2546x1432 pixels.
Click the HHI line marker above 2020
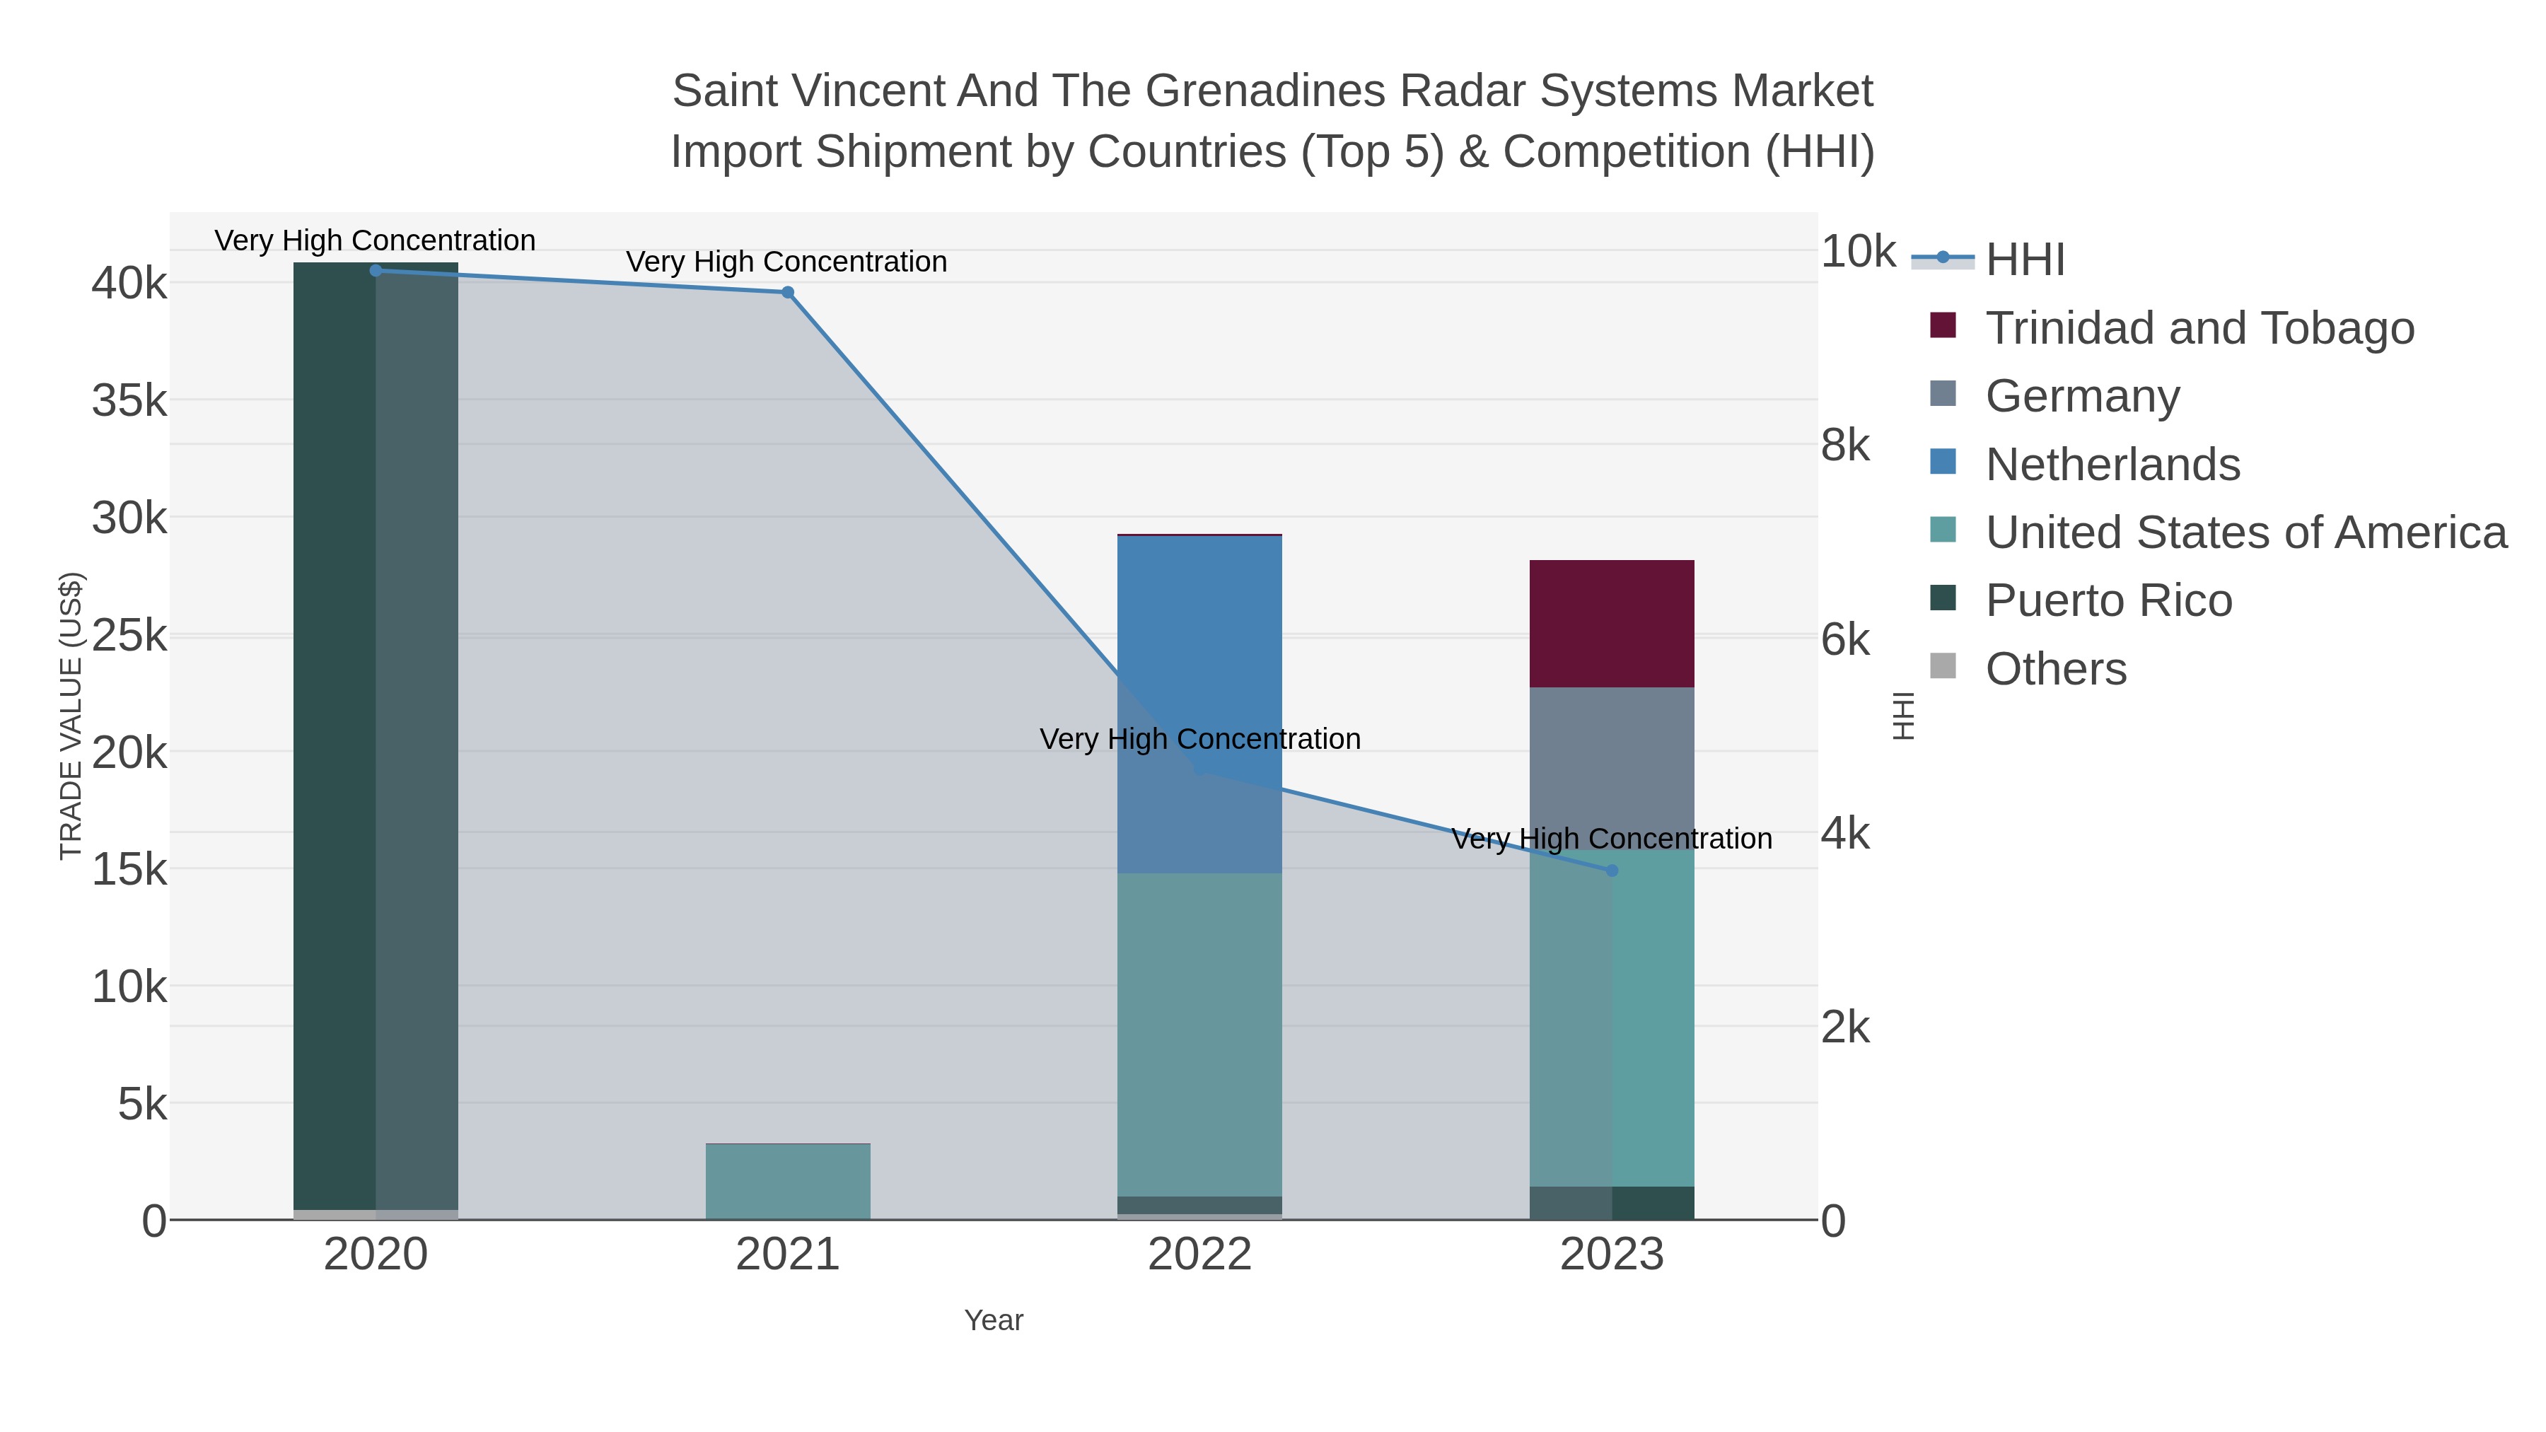tap(376, 271)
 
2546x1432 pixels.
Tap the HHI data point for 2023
tap(1612, 871)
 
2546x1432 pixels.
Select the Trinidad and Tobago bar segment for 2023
tap(1612, 624)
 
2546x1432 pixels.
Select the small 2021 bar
tap(788, 1181)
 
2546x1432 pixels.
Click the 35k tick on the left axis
tap(129, 400)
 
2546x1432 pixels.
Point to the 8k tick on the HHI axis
tap(1844, 446)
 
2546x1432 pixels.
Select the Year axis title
tap(994, 1320)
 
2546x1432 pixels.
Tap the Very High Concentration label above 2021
tap(786, 262)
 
